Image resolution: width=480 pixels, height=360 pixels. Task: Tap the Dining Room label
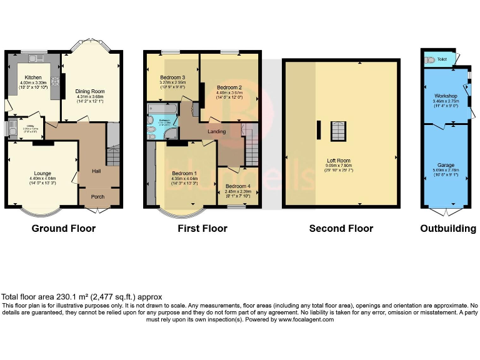[x=89, y=91]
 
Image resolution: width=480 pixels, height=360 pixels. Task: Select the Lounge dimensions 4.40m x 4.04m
[x=42, y=179]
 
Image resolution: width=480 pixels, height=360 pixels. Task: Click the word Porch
[x=97, y=197]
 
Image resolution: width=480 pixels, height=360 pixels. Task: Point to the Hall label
[x=96, y=170]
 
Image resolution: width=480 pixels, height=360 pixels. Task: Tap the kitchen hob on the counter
[x=55, y=81]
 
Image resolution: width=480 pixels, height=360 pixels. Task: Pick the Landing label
[x=217, y=131]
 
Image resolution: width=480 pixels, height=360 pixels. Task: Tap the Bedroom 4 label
[x=239, y=186]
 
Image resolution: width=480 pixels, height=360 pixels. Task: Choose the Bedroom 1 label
[x=184, y=173]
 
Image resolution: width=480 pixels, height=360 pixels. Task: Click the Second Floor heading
[x=341, y=229]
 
